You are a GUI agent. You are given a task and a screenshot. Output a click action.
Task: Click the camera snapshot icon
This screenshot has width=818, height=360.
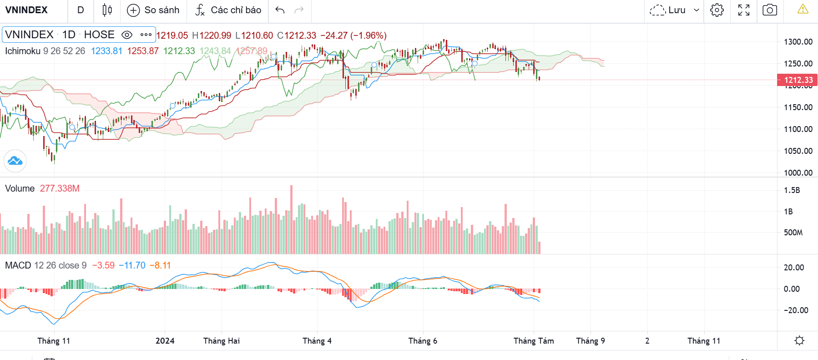[x=769, y=10]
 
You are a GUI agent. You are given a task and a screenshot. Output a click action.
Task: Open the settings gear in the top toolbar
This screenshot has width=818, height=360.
[x=717, y=10]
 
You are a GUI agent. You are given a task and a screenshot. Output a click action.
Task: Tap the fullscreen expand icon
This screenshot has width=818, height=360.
[x=743, y=10]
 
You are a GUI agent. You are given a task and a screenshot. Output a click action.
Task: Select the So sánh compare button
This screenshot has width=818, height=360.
[x=153, y=10]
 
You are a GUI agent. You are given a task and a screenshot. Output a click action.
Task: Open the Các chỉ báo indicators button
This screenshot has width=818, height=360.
[x=228, y=10]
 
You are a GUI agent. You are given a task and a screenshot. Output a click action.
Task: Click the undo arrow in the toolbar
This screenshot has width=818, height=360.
[x=280, y=10]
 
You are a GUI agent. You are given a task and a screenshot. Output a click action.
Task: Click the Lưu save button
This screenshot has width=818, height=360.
[x=674, y=10]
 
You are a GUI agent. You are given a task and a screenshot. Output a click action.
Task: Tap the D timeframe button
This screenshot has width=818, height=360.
[x=81, y=10]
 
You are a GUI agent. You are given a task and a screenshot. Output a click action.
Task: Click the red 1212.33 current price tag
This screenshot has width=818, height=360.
[x=798, y=80]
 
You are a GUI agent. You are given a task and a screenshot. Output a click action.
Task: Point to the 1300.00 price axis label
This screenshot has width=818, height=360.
[x=798, y=42]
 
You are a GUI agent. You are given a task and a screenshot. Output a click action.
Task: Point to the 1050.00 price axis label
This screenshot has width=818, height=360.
[x=798, y=151]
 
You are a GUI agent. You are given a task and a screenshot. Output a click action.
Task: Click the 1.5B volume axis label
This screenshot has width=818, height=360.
[x=792, y=190]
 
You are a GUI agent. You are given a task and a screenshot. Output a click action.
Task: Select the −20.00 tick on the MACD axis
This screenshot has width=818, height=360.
[x=796, y=310]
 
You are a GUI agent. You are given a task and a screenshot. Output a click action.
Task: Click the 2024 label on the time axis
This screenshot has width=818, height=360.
[x=165, y=341]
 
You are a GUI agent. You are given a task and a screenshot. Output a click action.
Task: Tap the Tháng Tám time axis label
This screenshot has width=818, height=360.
[x=534, y=341]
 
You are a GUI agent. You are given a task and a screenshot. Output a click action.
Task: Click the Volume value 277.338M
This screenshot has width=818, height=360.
[x=60, y=188]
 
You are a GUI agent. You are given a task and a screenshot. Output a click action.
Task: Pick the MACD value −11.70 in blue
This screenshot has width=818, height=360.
[x=132, y=265]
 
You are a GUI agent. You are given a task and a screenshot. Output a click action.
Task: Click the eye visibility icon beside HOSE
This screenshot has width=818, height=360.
[x=127, y=35]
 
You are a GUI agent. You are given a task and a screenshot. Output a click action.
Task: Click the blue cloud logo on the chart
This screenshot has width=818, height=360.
[x=15, y=161]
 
